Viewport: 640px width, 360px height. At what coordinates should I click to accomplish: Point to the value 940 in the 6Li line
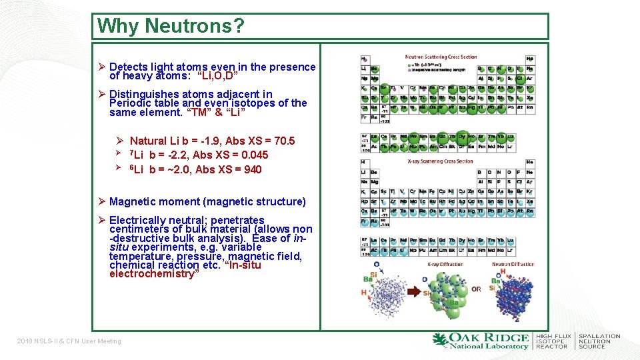point(253,169)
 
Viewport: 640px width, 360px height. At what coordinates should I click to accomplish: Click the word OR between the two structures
point(476,289)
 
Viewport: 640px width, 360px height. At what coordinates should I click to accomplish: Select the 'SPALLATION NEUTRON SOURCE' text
point(599,341)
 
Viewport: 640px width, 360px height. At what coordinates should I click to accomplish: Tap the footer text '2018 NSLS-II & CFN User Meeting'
point(69,341)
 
